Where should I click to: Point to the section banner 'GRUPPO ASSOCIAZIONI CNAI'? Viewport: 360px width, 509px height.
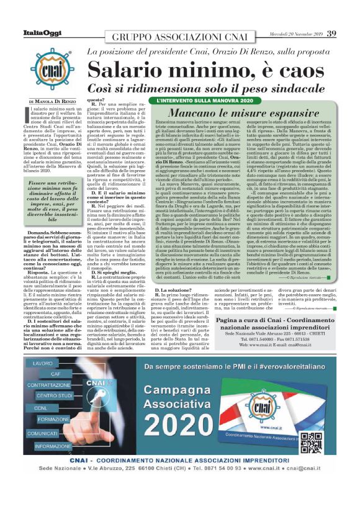pos(180,34)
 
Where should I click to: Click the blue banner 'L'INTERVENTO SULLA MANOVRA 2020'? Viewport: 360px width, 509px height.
pos(205,100)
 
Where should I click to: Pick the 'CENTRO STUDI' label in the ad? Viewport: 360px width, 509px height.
pos(55,395)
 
